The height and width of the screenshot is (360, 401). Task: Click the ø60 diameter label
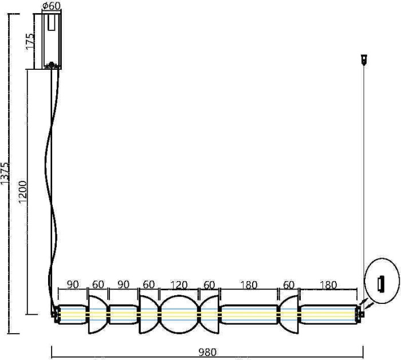point(52,6)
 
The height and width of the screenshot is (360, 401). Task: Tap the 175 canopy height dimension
point(31,41)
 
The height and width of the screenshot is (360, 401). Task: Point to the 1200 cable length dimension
point(23,192)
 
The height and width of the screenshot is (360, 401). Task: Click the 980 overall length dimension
point(207,353)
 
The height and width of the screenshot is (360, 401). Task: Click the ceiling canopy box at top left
point(52,40)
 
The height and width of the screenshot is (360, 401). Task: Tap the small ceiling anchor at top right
point(363,58)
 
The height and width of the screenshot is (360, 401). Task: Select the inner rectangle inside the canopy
point(52,23)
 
